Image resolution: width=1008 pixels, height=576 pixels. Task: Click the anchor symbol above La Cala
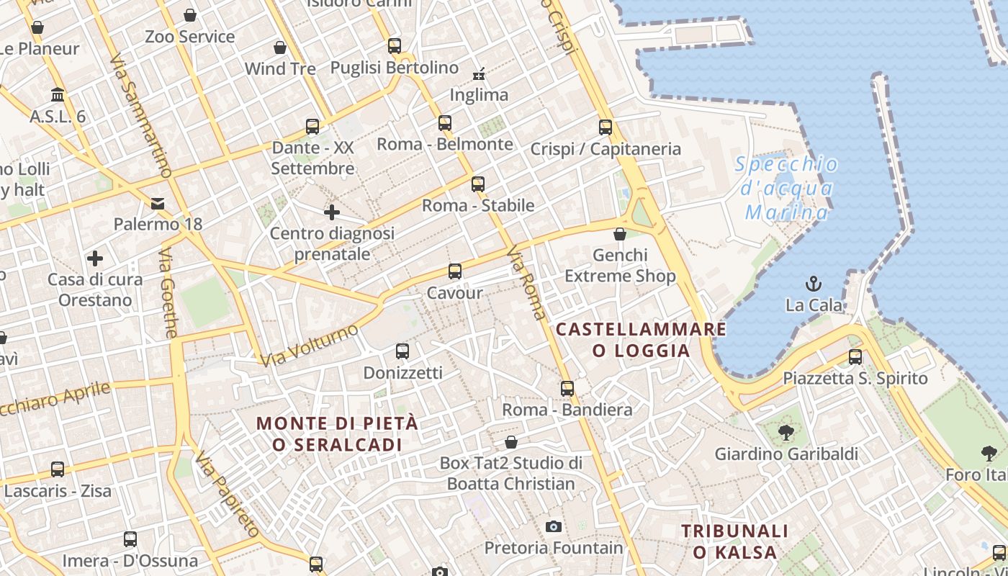click(x=814, y=283)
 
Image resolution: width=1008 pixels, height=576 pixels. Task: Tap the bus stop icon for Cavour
click(x=455, y=271)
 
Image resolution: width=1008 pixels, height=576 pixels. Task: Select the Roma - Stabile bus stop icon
click(x=478, y=184)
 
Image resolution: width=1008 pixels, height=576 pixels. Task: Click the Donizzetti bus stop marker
click(x=402, y=351)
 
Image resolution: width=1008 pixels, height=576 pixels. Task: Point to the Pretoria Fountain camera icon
click(x=553, y=526)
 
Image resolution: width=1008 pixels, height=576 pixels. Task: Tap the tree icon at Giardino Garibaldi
click(x=786, y=433)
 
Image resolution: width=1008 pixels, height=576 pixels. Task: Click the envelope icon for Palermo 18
click(x=158, y=203)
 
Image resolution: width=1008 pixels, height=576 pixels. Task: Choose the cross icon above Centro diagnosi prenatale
click(x=332, y=212)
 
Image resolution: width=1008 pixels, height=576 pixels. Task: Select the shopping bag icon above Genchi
click(x=620, y=234)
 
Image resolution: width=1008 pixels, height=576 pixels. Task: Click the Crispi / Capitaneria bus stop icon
click(x=606, y=127)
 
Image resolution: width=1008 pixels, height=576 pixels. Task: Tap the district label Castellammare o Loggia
click(x=641, y=340)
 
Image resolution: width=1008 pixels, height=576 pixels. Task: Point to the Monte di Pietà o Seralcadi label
click(x=337, y=433)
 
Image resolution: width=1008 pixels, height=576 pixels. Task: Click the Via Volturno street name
click(x=310, y=346)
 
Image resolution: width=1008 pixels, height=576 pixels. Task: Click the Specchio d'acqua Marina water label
click(x=786, y=189)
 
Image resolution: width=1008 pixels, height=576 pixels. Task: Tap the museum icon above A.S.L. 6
click(x=58, y=95)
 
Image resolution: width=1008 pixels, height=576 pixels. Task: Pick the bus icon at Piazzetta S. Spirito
click(x=855, y=356)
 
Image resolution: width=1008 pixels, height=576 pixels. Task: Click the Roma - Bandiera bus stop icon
click(x=567, y=389)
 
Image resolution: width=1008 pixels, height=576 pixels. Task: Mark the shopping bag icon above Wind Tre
click(x=280, y=48)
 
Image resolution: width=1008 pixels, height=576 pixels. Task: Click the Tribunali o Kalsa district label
click(x=735, y=541)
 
